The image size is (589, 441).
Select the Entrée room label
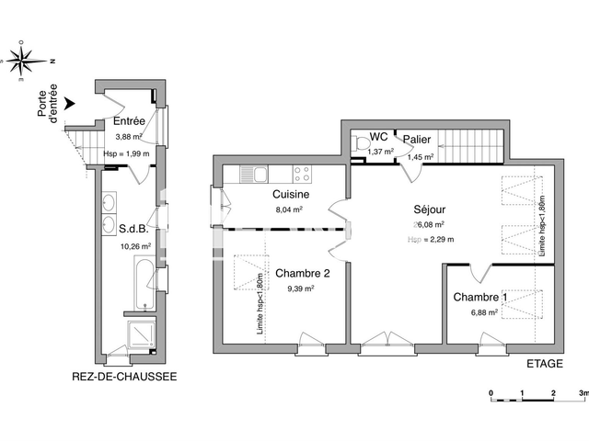128,121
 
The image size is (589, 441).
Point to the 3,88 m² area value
126,138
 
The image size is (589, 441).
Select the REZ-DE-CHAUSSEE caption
124,377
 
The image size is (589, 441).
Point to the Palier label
417,139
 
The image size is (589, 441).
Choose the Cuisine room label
290,195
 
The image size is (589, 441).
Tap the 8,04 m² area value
289,209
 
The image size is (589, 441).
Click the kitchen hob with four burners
303,172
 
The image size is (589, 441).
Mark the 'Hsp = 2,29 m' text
429,239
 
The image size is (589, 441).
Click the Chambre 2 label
302,274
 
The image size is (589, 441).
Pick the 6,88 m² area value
484,312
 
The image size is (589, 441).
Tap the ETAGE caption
544,363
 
